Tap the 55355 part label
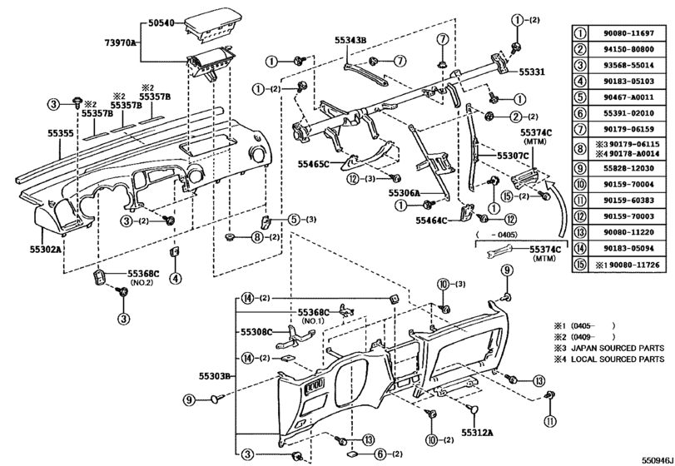[x=34, y=132]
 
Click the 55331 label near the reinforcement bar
[x=526, y=72]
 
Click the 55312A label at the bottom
[x=479, y=433]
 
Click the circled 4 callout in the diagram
[x=175, y=278]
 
